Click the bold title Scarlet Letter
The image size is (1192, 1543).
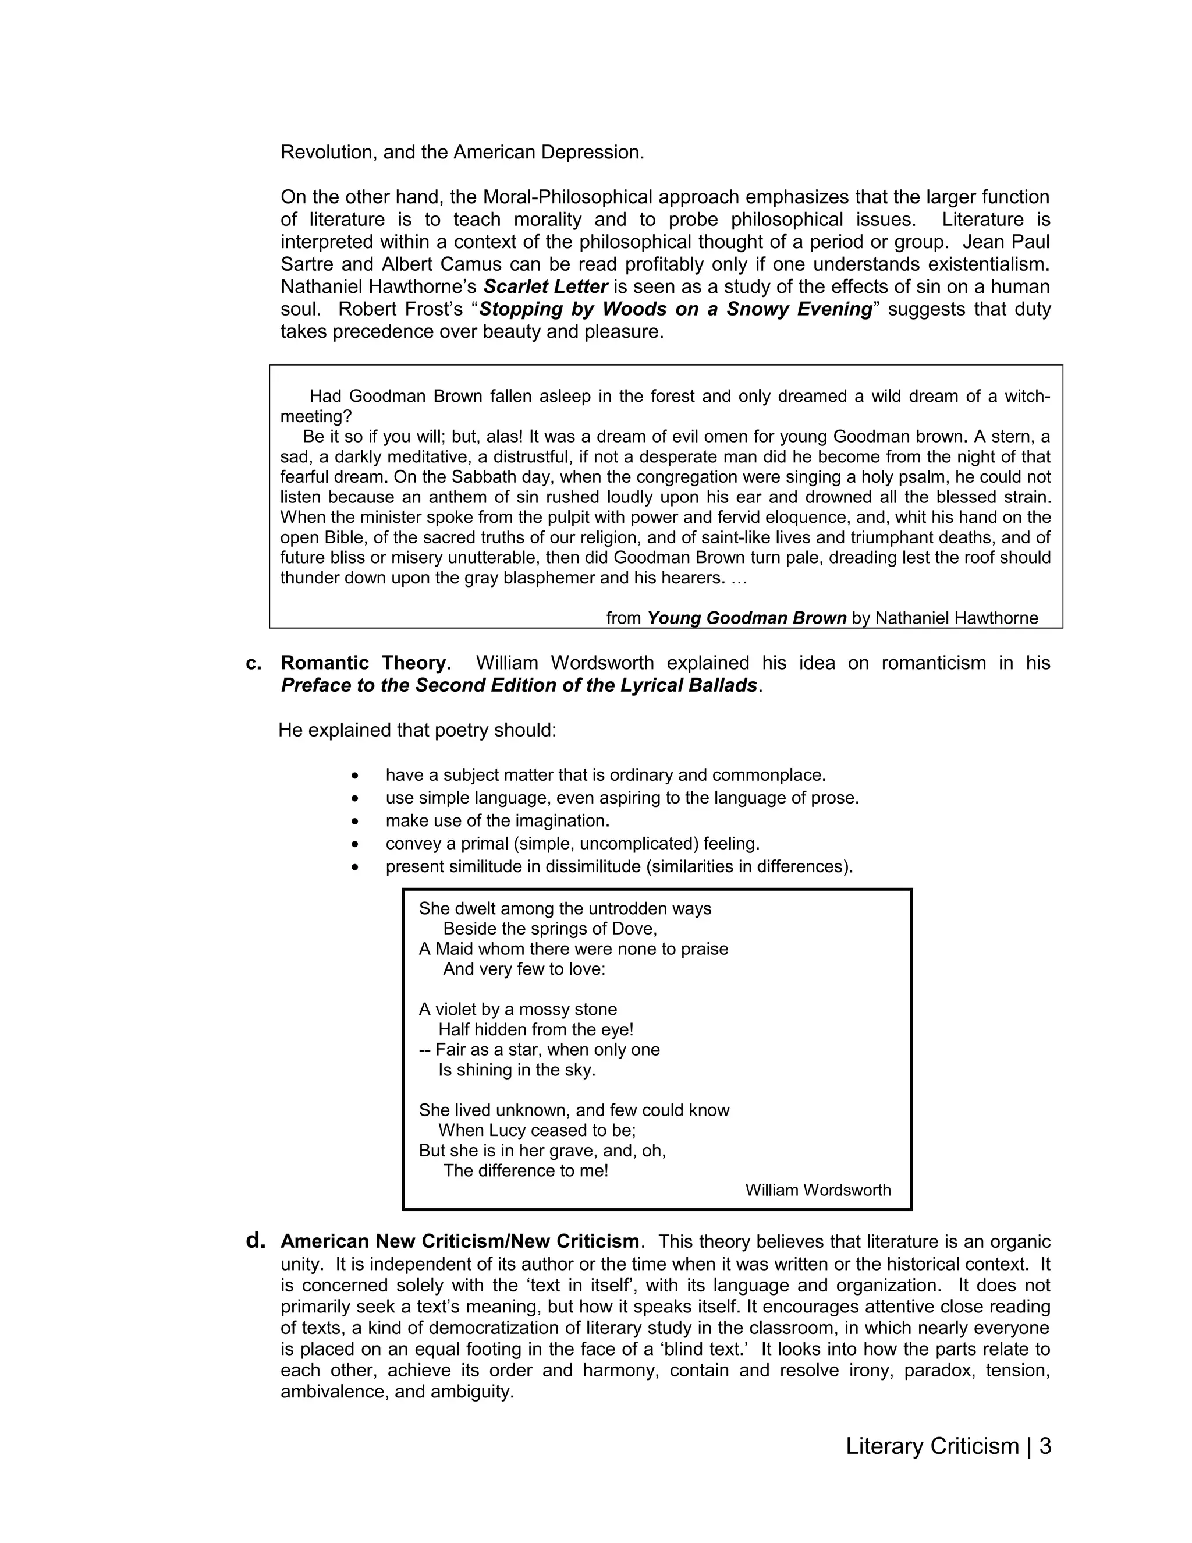point(546,287)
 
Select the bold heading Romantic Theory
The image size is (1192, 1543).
point(364,663)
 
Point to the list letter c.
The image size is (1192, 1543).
point(254,663)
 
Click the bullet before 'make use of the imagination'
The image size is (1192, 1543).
point(355,822)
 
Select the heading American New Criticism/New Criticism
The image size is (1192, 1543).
point(460,1241)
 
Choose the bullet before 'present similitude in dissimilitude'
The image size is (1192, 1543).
point(355,867)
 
